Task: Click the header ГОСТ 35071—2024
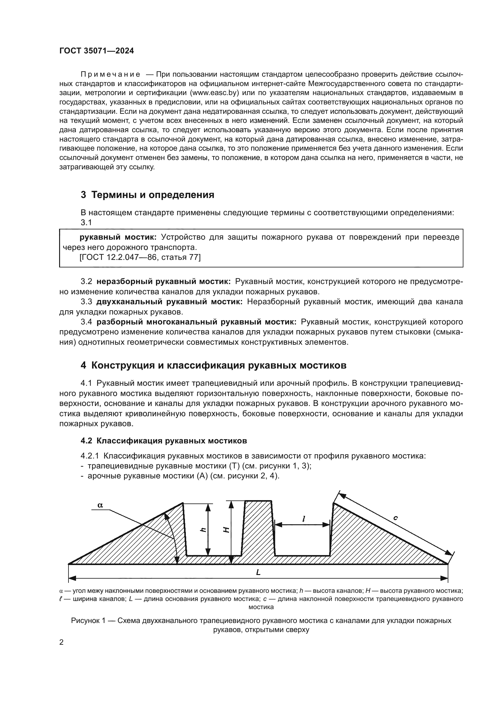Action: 97,51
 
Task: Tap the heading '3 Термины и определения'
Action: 147,195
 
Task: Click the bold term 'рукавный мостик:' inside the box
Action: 118,237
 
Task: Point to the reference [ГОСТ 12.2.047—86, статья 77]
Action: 140,257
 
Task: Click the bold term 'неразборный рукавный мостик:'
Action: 164,281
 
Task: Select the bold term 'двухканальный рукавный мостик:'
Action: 169,302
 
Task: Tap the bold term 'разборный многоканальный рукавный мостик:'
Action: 196,322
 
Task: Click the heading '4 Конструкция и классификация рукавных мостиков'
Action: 213,365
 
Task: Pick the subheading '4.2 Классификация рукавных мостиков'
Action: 164,441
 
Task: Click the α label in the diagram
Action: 100,505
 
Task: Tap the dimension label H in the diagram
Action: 226,530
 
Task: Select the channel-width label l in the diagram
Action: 304,519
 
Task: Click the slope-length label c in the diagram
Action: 396,518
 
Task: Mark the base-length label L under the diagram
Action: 258,572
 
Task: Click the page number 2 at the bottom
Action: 62,642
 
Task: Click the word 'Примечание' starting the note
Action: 110,74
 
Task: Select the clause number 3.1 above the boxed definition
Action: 86,222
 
